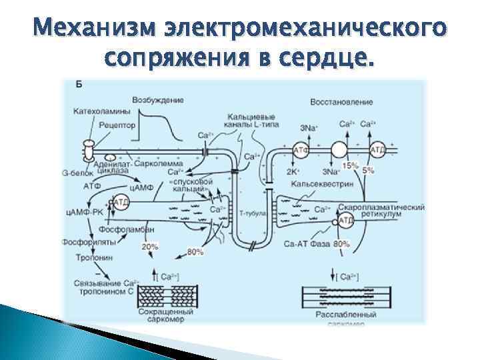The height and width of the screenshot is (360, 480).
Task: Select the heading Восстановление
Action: click(x=341, y=102)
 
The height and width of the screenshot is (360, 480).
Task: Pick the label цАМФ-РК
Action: click(x=79, y=212)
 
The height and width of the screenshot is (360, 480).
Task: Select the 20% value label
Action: click(x=149, y=247)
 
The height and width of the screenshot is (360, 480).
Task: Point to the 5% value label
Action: click(x=368, y=171)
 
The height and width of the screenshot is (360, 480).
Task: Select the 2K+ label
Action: click(x=293, y=171)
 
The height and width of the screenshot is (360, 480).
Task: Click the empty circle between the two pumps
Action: click(x=339, y=149)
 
